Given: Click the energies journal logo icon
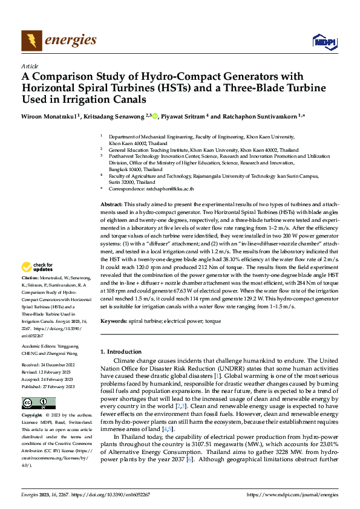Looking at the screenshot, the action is point(30,40).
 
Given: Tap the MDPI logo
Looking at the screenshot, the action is point(324,41).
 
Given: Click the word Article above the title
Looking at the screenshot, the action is point(30,66).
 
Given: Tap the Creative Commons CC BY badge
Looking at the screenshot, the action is point(39,403).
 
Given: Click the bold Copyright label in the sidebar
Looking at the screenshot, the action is point(32,416).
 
